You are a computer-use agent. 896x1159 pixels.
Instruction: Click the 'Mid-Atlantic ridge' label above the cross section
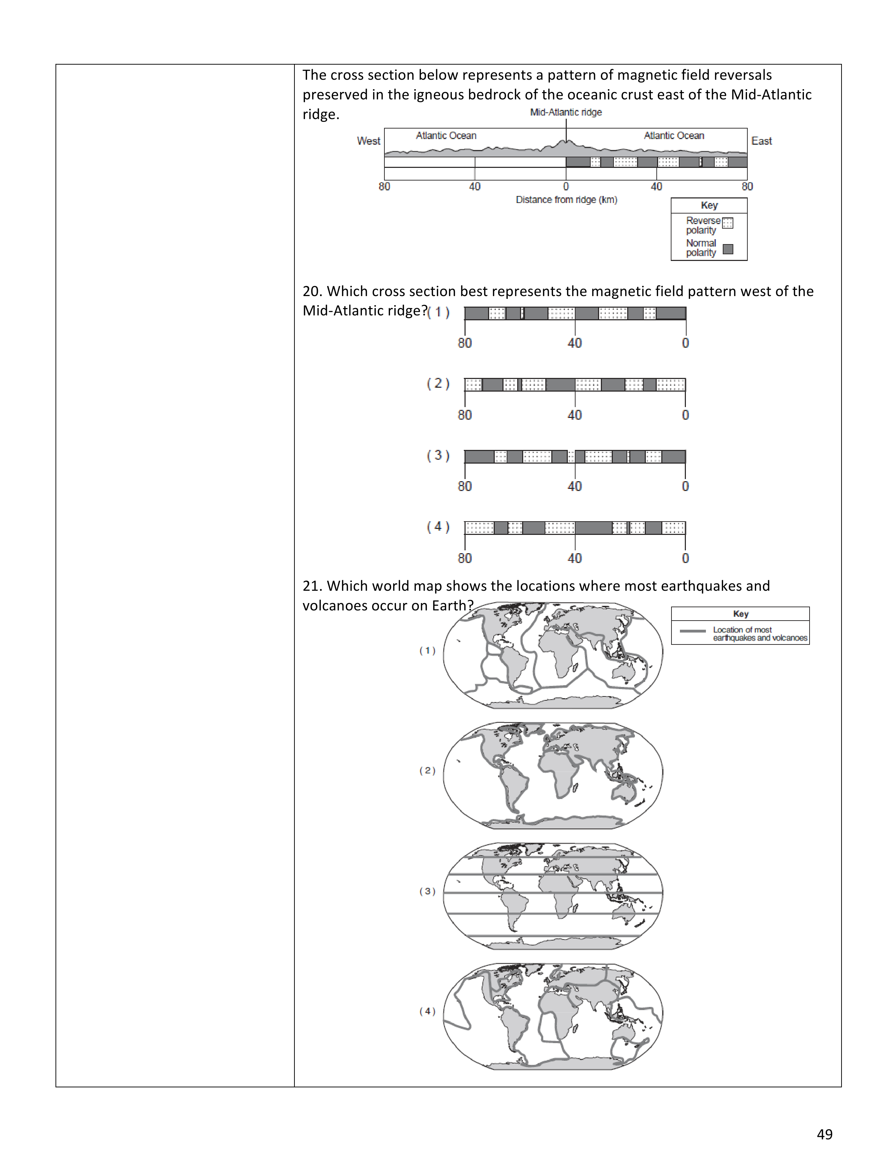[566, 112]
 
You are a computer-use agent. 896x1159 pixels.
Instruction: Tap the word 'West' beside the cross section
[368, 141]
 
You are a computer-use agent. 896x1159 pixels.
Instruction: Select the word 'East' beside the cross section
[761, 141]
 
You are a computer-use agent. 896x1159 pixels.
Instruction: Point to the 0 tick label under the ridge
[566, 186]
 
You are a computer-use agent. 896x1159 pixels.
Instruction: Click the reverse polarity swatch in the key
[728, 223]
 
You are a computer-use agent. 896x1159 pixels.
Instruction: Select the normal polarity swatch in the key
[728, 249]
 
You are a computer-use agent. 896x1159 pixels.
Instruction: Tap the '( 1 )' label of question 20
[439, 312]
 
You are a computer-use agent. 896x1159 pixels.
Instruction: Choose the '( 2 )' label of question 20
[438, 383]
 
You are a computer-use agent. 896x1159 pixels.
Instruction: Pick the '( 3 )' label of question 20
[438, 455]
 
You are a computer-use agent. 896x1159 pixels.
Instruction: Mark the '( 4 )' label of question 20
[438, 526]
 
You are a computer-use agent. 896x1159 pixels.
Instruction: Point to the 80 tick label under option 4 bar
[465, 558]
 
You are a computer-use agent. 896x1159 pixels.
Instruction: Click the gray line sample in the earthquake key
[693, 631]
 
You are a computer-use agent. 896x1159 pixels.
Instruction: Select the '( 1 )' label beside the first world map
[427, 650]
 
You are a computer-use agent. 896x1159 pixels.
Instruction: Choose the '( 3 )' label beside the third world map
[427, 891]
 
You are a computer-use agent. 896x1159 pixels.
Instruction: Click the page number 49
[824, 1134]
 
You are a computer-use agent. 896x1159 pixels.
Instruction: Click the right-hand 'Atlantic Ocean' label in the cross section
[674, 136]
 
